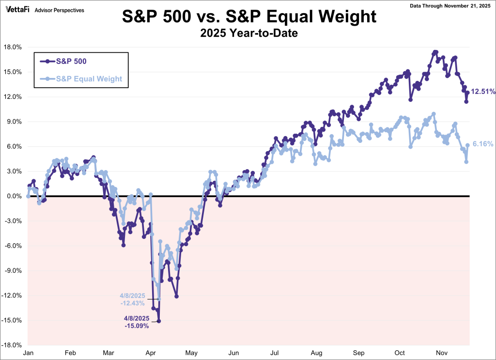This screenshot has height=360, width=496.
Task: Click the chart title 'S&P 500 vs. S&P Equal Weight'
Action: [x=248, y=16]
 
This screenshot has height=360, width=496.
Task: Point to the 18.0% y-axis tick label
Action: [x=13, y=47]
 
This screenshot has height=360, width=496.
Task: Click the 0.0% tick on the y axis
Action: [x=14, y=196]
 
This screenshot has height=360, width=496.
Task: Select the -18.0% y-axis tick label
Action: [x=12, y=345]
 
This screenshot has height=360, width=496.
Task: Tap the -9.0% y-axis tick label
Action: [x=13, y=271]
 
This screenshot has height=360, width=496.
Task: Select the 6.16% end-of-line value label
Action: [x=482, y=144]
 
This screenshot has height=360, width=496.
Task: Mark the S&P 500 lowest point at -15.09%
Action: [x=159, y=321]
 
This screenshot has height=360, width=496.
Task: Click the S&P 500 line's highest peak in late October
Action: [x=435, y=52]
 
